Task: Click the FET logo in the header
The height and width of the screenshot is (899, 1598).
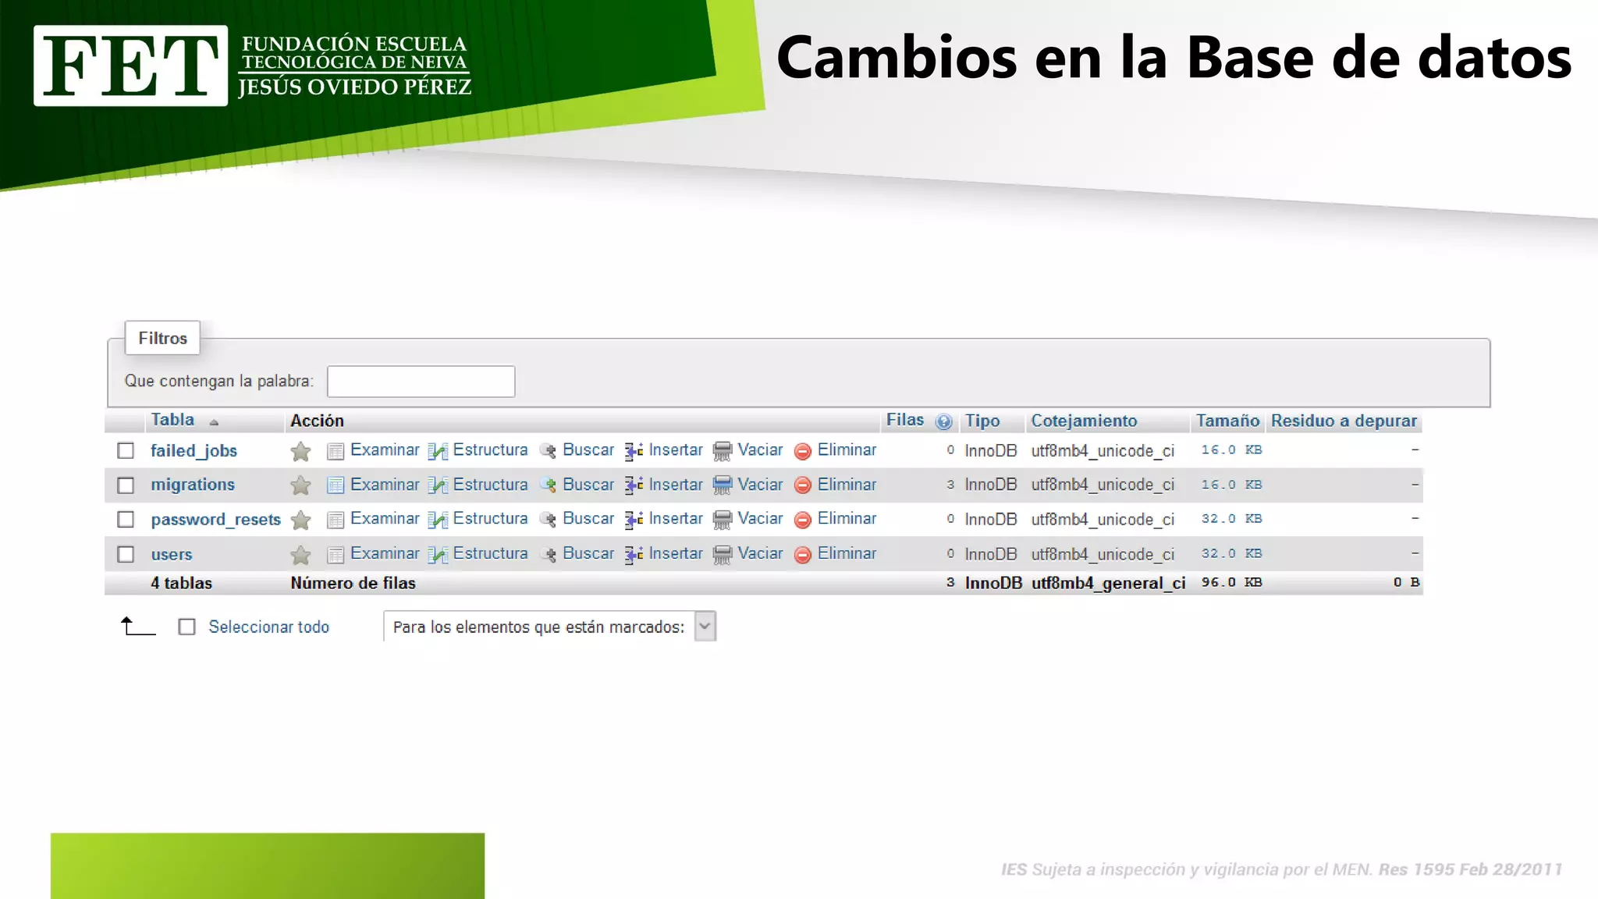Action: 130,66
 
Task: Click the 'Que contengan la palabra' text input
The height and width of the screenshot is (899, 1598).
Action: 421,382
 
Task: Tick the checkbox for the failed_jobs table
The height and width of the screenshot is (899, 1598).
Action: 126,451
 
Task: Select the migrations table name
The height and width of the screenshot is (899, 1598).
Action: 193,485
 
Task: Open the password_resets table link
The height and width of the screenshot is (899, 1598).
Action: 215,520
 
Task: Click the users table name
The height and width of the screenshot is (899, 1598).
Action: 172,555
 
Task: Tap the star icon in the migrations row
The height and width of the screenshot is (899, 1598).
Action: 300,486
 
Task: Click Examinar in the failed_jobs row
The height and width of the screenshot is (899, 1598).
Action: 384,450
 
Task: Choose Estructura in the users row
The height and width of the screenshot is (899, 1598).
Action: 489,553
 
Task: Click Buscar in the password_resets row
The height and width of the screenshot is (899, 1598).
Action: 588,519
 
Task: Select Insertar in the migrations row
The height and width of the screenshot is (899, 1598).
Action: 675,485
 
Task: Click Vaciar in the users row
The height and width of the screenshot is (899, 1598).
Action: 759,553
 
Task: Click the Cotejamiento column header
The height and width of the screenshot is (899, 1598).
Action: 1084,421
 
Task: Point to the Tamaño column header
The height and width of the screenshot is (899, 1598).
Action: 1227,421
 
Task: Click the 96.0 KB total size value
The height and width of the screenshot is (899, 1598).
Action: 1231,583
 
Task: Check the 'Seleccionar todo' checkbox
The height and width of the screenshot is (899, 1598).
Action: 187,627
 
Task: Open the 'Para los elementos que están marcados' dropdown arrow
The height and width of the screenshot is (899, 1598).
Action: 705,627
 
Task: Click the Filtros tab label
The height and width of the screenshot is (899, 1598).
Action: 163,339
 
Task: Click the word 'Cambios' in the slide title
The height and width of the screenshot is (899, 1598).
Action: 897,59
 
